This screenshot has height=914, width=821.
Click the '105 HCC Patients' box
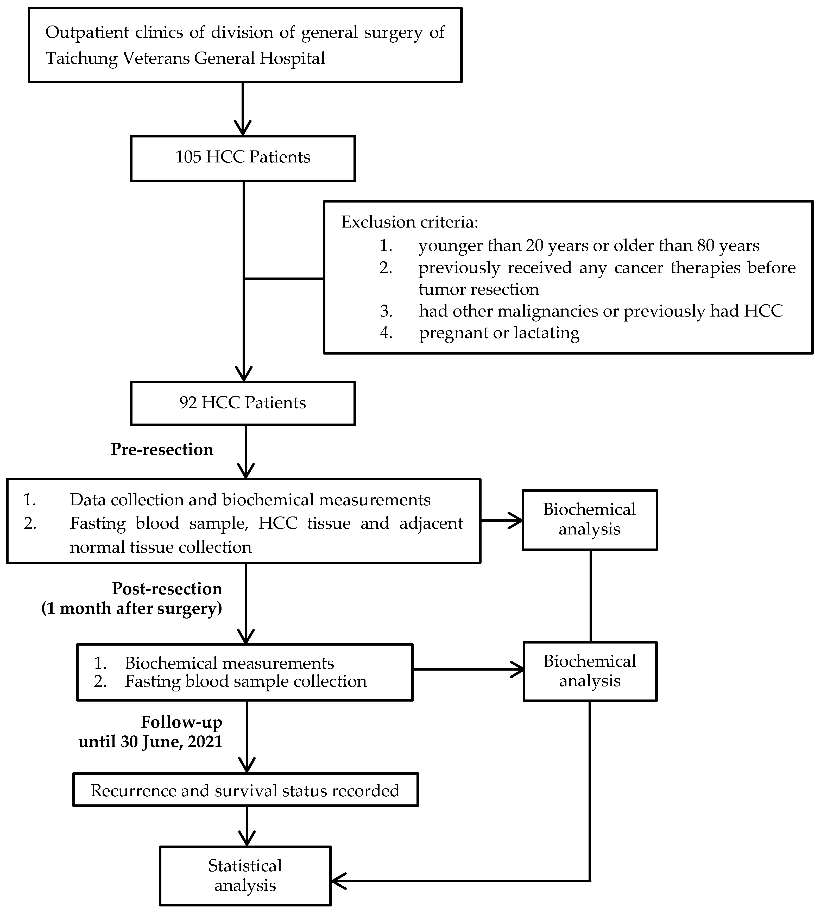243,158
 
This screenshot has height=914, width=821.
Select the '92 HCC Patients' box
243,403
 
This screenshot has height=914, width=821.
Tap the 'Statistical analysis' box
245,876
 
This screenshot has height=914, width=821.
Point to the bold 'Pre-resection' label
162,449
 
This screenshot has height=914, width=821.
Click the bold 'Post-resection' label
167,589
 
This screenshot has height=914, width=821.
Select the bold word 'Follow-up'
181,722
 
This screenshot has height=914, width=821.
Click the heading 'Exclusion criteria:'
409,222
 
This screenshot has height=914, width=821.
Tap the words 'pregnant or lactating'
499,333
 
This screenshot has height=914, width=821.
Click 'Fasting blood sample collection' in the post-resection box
245,681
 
